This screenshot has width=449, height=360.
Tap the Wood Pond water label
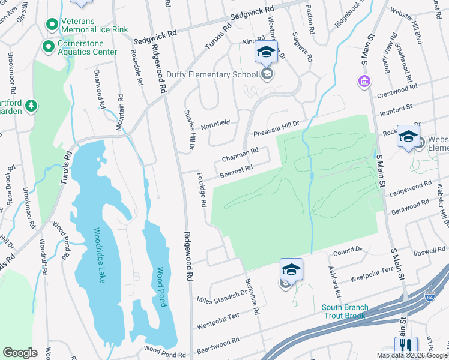[x=160, y=287]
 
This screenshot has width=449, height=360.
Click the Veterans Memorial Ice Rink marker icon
[x=52, y=26]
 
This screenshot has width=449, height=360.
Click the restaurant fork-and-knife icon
[x=406, y=346]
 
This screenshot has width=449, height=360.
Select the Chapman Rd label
[x=240, y=155]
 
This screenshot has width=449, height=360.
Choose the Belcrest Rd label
[x=235, y=170]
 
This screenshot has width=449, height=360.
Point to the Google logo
[x=20, y=353]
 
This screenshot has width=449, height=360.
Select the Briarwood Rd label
[x=98, y=89]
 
